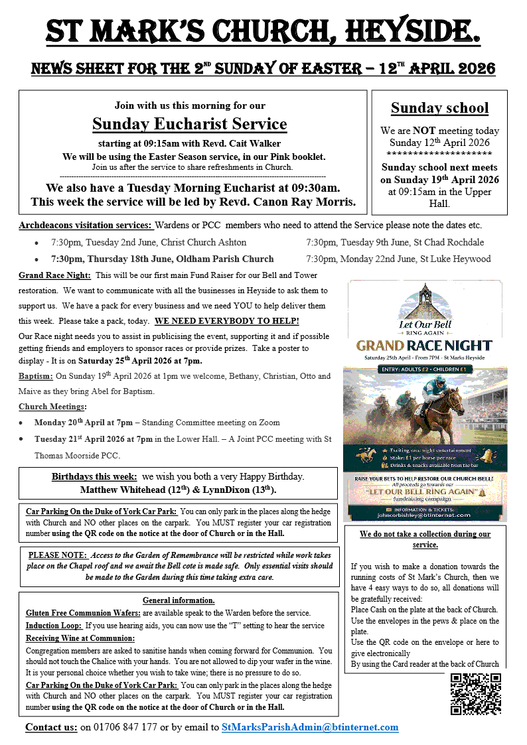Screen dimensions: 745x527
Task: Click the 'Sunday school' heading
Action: (x=439, y=108)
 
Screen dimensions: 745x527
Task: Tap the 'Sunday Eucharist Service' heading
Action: (x=189, y=124)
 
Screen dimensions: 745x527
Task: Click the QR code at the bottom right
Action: (x=475, y=695)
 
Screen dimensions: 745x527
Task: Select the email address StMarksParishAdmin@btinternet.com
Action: (x=310, y=727)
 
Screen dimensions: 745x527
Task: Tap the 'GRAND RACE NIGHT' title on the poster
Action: (x=424, y=345)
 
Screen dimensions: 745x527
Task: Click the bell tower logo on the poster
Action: (x=424, y=298)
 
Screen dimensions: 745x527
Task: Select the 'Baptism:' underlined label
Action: (x=36, y=376)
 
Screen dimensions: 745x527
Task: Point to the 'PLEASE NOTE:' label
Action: (x=56, y=555)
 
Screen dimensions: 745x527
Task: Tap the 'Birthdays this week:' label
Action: (x=94, y=477)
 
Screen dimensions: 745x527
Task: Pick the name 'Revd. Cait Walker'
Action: (x=247, y=144)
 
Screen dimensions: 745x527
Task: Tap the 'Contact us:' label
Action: (x=51, y=727)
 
